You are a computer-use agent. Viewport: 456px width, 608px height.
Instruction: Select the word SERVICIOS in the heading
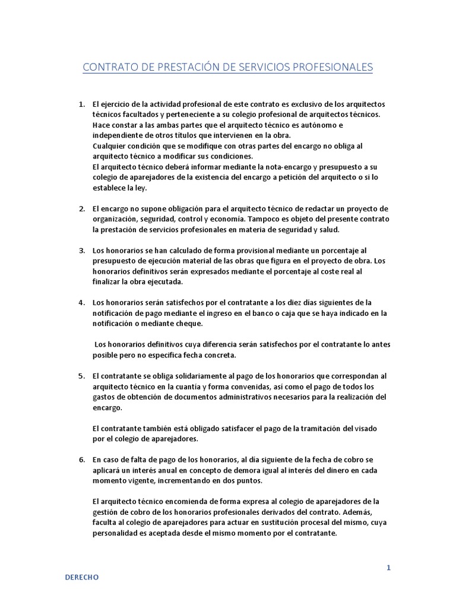(x=255, y=66)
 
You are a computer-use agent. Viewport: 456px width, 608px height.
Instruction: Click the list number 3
(x=82, y=251)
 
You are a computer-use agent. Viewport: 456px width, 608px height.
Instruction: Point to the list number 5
(x=82, y=376)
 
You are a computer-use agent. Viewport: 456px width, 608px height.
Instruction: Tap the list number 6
(x=82, y=460)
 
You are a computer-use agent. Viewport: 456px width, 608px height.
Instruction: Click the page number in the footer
(x=388, y=567)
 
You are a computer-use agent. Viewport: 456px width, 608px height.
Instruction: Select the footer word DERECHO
(x=82, y=577)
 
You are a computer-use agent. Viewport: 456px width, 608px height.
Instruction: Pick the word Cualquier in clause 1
(x=111, y=146)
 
